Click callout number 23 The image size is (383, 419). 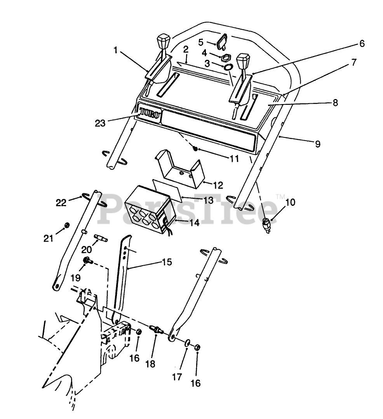point(100,123)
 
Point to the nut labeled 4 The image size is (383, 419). point(225,58)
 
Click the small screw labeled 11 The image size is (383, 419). point(196,149)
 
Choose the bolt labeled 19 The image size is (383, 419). point(87,260)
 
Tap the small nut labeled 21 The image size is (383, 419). point(66,225)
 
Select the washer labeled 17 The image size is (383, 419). point(187,343)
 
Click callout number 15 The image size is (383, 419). point(167,262)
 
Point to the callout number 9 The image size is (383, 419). point(317,144)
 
